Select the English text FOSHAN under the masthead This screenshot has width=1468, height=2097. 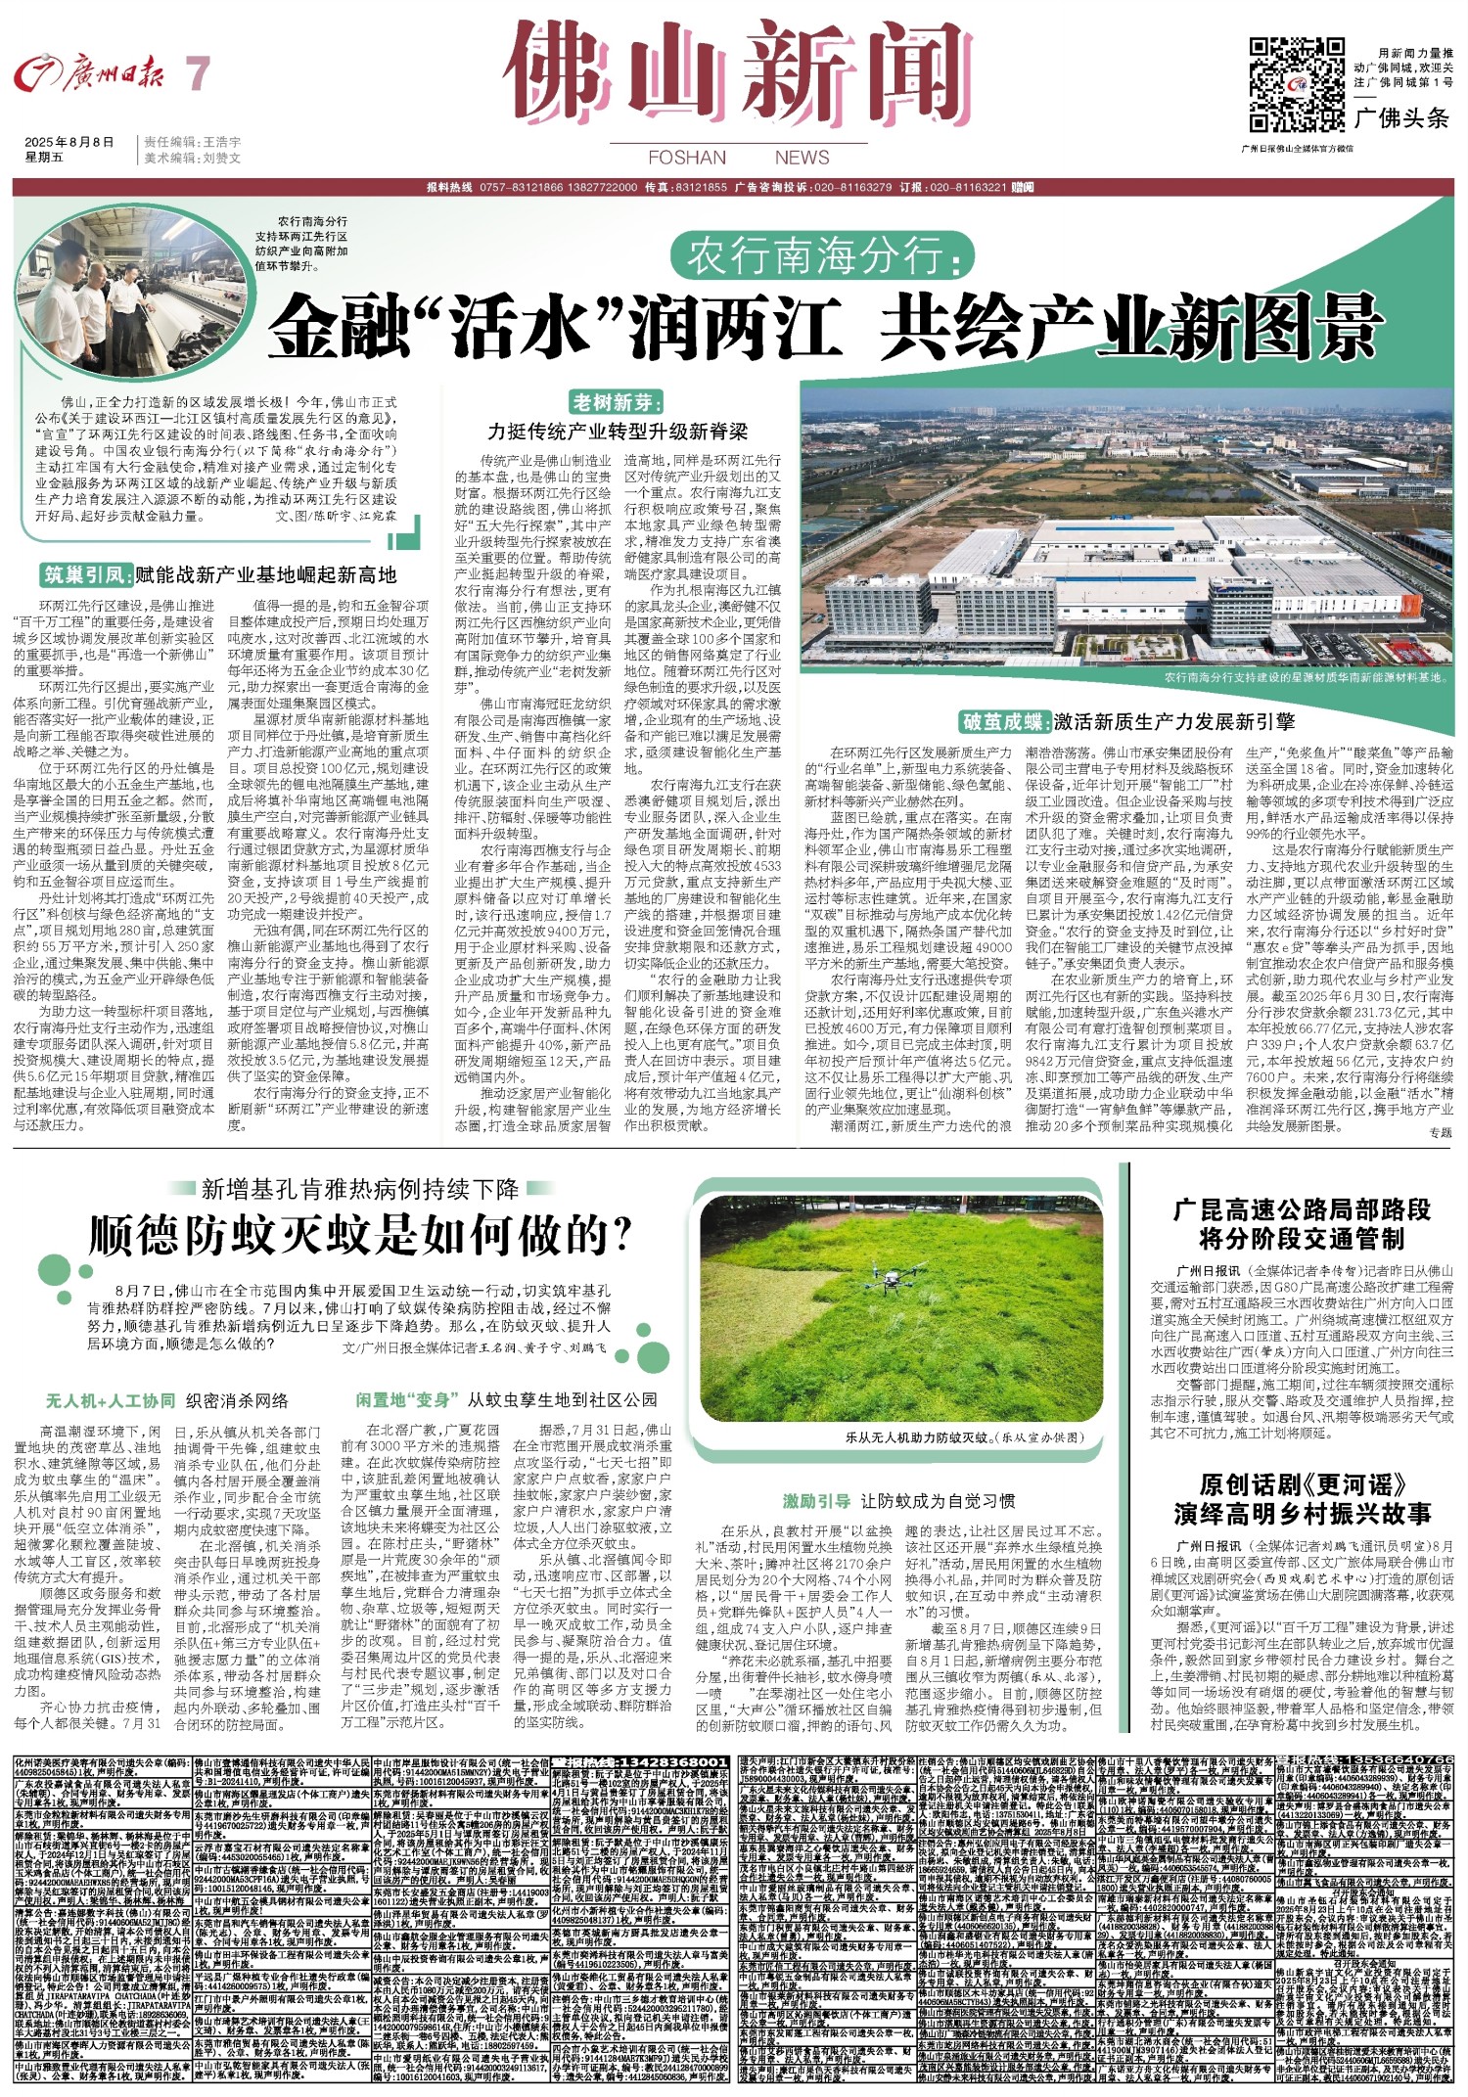pos(687,158)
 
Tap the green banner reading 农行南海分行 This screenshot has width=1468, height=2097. pos(820,257)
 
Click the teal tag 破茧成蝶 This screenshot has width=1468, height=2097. pos(1006,722)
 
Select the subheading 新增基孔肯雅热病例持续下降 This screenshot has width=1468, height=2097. pos(359,1189)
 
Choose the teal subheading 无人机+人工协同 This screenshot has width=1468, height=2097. pos(110,1400)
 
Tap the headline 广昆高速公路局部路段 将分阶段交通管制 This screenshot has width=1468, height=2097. pos(1302,1224)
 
